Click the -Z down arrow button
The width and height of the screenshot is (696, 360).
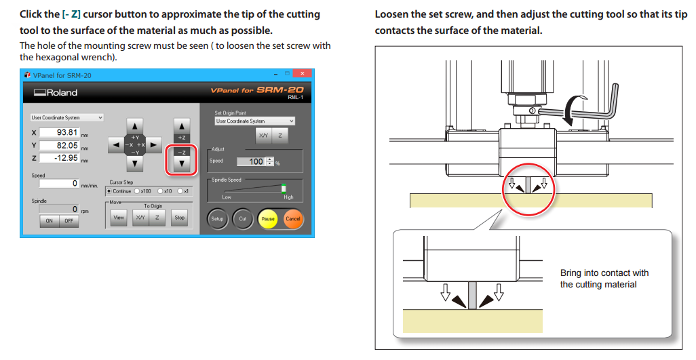tap(181, 163)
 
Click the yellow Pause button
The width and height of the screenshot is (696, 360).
tap(268, 219)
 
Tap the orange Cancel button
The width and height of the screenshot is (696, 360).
tap(293, 219)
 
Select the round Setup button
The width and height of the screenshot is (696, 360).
tap(217, 219)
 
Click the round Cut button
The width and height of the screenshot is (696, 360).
tap(242, 219)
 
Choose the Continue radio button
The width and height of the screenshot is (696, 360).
tap(109, 191)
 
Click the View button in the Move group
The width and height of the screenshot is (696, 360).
tap(119, 218)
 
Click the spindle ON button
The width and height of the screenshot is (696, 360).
tap(50, 221)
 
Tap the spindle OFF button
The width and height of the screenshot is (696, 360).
tap(69, 221)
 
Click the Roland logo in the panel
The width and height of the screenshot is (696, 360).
tap(56, 93)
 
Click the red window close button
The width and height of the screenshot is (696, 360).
tap(303, 74)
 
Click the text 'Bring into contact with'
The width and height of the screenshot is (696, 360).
tap(604, 273)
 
